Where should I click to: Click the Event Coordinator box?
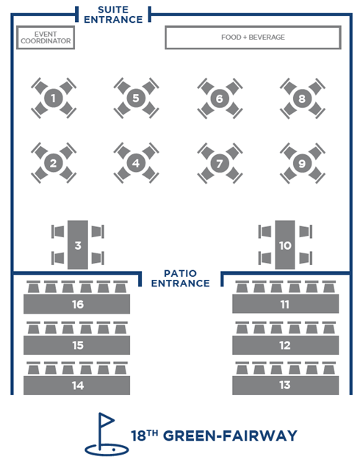(46, 37)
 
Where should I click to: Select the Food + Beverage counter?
(253, 37)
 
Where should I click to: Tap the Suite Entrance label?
(113, 15)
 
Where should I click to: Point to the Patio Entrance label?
(180, 278)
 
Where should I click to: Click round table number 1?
(54, 98)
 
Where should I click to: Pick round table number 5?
(136, 98)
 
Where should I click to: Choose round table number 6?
(220, 98)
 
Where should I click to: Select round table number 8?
(302, 98)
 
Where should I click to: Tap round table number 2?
(54, 163)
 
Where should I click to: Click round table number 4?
(136, 163)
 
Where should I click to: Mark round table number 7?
(220, 163)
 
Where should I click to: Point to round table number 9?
(302, 163)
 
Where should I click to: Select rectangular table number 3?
(78, 245)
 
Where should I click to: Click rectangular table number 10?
(285, 245)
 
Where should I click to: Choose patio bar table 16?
(76, 304)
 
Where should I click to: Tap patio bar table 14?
(76, 385)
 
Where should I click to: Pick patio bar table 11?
(285, 304)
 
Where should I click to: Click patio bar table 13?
(285, 385)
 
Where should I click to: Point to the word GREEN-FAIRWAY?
(230, 436)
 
